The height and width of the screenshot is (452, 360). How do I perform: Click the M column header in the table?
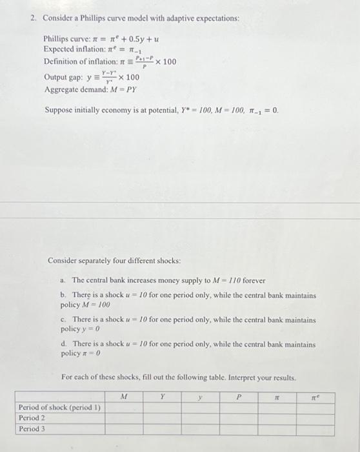pyautogui.click(x=123, y=397)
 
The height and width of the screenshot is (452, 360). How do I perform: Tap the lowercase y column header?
pyautogui.click(x=200, y=397)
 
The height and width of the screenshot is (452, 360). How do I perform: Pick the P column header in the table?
pyautogui.click(x=239, y=397)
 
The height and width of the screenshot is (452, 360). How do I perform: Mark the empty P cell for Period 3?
pyautogui.click(x=239, y=428)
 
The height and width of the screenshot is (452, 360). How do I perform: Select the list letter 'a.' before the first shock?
pyautogui.click(x=63, y=281)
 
